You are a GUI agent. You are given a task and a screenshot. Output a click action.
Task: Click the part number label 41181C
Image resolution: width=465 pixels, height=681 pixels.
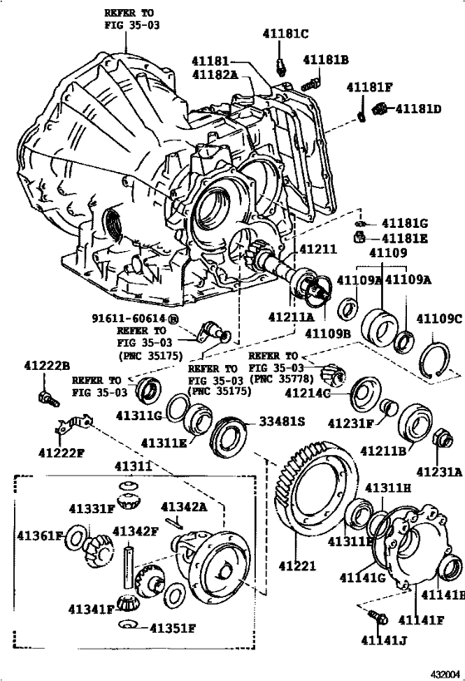(286, 34)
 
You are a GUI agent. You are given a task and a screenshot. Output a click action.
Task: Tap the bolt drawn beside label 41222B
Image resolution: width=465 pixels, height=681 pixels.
(46, 399)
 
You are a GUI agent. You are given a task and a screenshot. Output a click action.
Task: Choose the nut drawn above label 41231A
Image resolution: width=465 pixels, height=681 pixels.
(442, 438)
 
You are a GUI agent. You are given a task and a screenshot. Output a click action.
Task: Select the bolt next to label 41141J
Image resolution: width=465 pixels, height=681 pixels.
(377, 616)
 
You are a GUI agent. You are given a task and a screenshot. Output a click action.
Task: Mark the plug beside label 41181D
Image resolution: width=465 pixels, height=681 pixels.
(383, 108)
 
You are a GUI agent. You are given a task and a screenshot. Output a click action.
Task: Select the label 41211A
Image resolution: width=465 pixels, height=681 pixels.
(291, 317)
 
